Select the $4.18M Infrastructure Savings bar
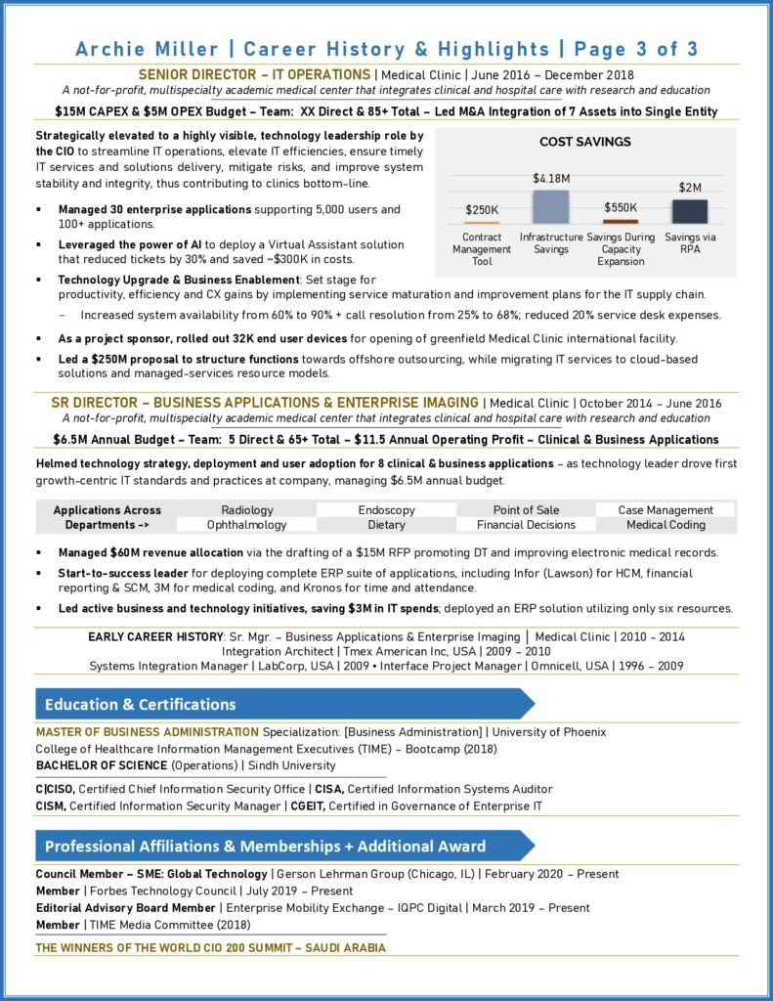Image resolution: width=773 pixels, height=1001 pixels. coord(550,206)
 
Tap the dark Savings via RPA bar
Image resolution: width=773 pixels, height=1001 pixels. coord(690,211)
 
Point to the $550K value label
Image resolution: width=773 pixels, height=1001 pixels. coord(620,207)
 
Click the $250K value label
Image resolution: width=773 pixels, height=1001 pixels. coord(482,209)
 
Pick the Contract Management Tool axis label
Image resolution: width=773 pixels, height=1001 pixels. coord(482,249)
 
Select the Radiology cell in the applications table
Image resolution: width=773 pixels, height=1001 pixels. coord(247,509)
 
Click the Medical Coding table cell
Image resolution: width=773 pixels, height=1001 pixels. coord(666,525)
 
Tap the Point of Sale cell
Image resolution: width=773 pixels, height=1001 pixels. coord(527,509)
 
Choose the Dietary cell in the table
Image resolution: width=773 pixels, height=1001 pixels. coord(386,525)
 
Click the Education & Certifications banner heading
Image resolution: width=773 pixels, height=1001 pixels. coord(140,704)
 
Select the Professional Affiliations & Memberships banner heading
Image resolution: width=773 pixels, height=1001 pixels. coord(264,846)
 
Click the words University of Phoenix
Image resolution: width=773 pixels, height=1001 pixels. coord(548,731)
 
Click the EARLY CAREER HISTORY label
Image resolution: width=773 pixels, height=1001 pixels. coord(155,636)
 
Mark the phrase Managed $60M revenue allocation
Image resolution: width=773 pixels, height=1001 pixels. coord(150,552)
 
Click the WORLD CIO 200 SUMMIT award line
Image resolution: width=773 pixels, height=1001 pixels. coord(210,947)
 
